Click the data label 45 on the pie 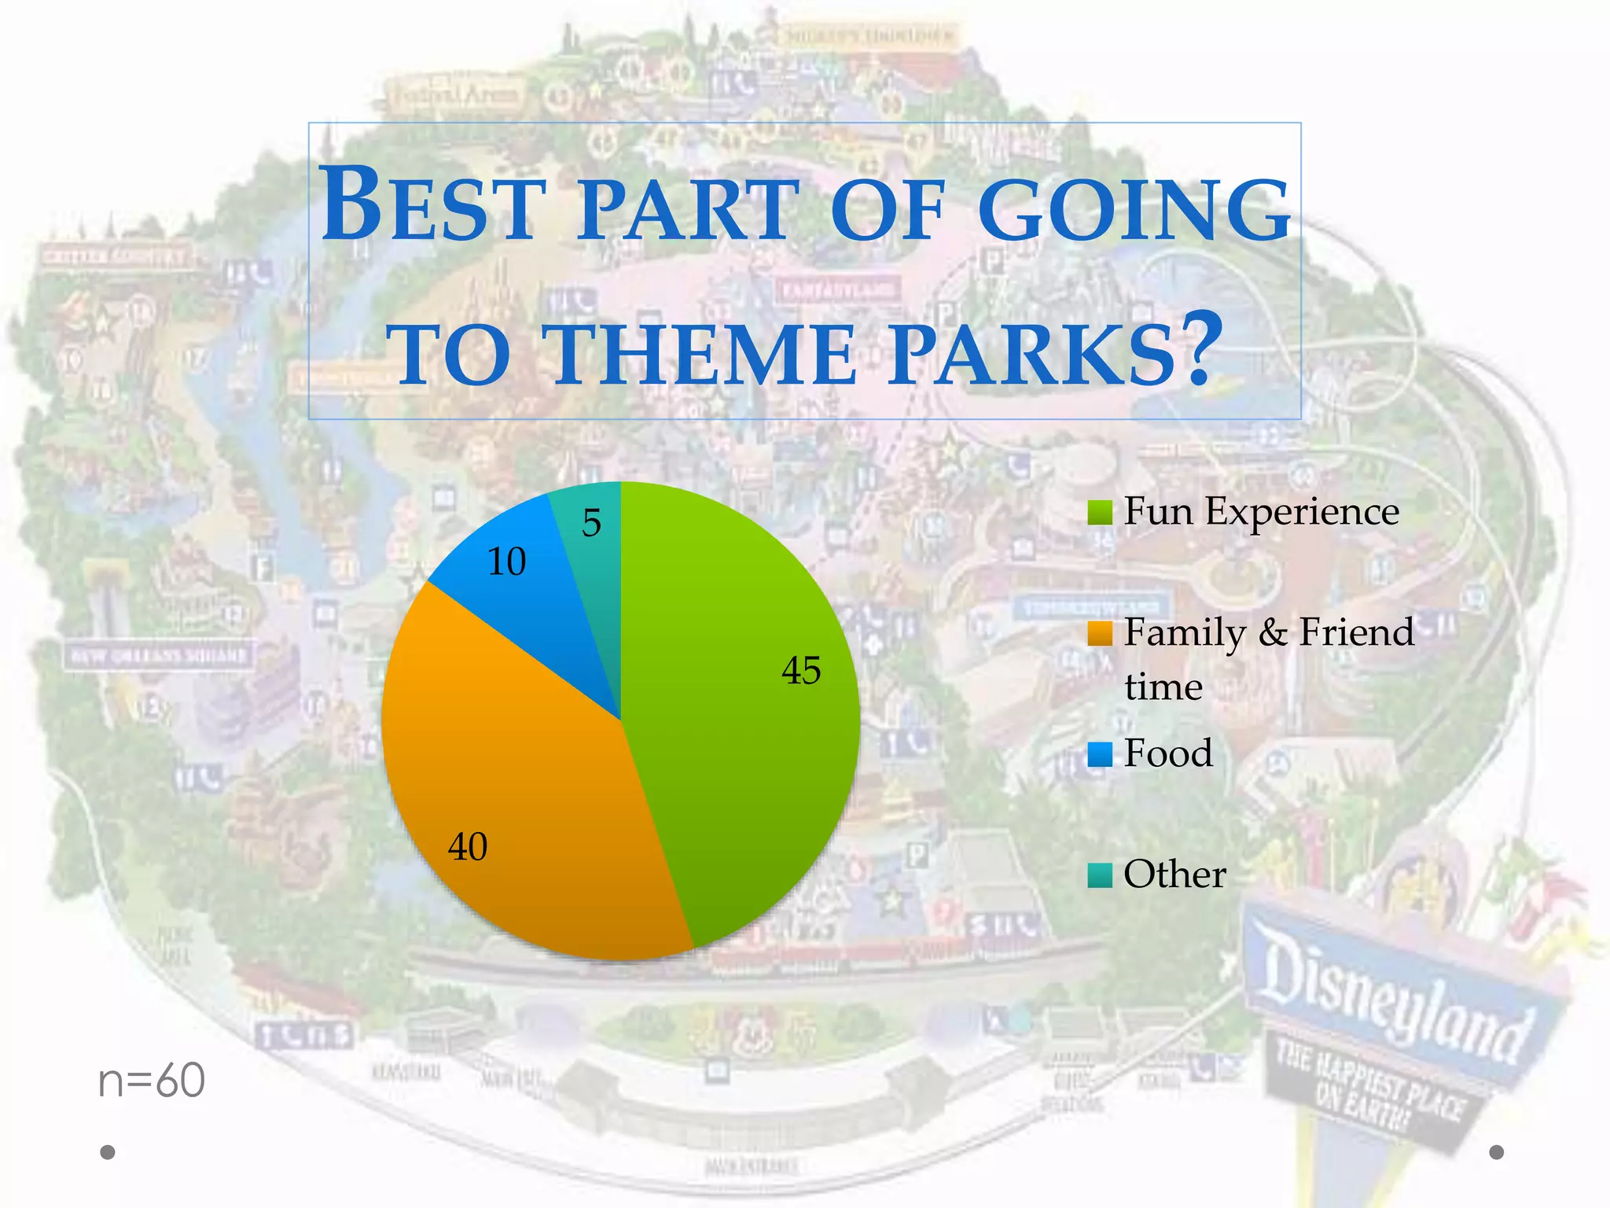click(801, 671)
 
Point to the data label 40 click(468, 847)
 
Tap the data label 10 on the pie click(506, 562)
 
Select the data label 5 click(591, 523)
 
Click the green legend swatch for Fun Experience click(1100, 513)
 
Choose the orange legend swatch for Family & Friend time click(1100, 633)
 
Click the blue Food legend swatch click(1100, 754)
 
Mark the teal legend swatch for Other click(1100, 875)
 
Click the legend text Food click(1168, 753)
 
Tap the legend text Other click(1174, 875)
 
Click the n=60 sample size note click(151, 1081)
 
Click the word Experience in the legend click(1302, 511)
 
